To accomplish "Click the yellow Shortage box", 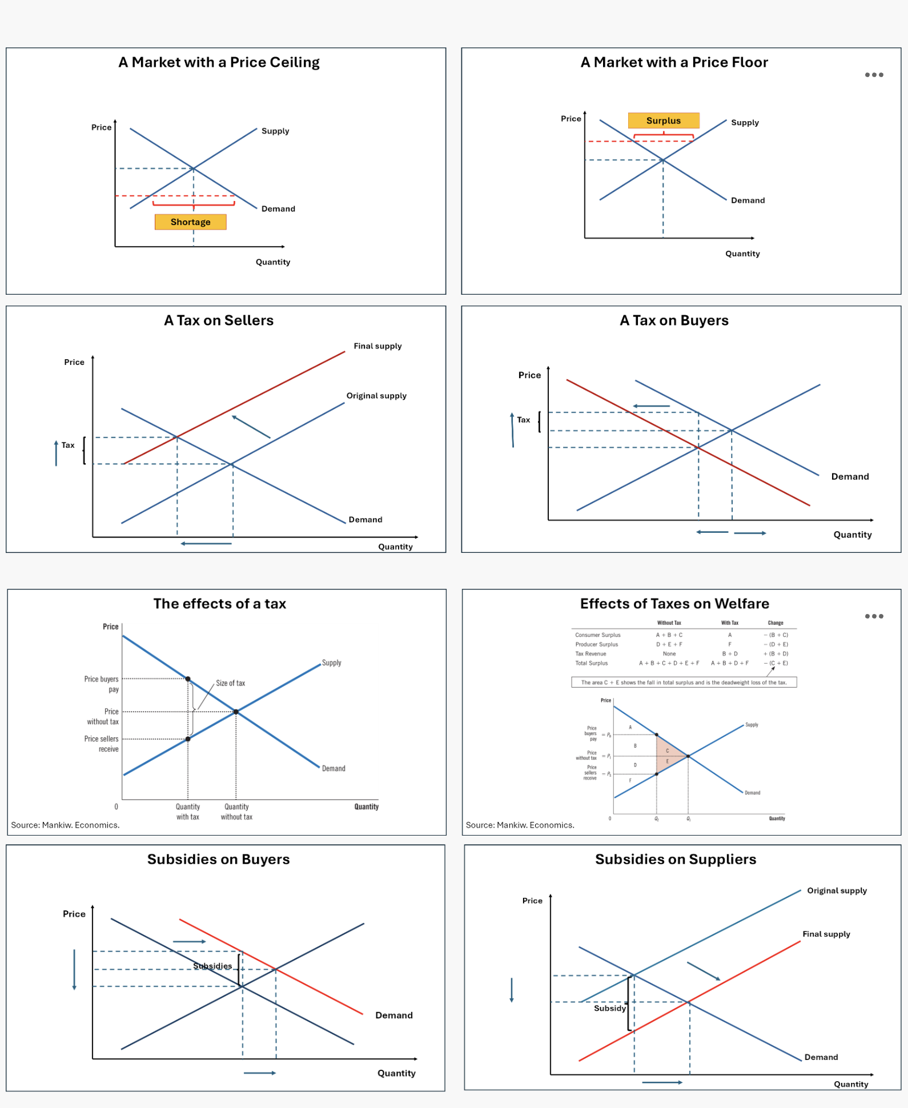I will [x=190, y=222].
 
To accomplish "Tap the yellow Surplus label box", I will [x=663, y=121].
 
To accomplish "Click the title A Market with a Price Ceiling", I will [x=219, y=62].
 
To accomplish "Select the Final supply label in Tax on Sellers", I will [x=377, y=346].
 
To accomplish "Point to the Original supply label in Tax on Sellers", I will [x=376, y=396].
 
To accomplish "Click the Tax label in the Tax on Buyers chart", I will [x=523, y=420].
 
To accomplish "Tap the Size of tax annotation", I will [x=230, y=683].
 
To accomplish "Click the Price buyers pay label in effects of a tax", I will [x=102, y=684].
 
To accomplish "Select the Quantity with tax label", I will [x=187, y=812].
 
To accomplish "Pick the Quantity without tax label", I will [x=236, y=812].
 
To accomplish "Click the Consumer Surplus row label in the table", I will [x=597, y=635].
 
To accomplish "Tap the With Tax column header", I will [x=729, y=623].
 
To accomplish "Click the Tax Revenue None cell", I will [x=669, y=654].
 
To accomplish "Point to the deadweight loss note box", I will [x=684, y=683].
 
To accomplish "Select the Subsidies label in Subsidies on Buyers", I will [x=212, y=966].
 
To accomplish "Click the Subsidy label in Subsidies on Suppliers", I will [x=609, y=1008].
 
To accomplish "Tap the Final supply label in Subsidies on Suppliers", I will [x=826, y=934].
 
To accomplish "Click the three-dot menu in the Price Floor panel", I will [x=874, y=75].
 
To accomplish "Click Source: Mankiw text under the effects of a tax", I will [x=65, y=825].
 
